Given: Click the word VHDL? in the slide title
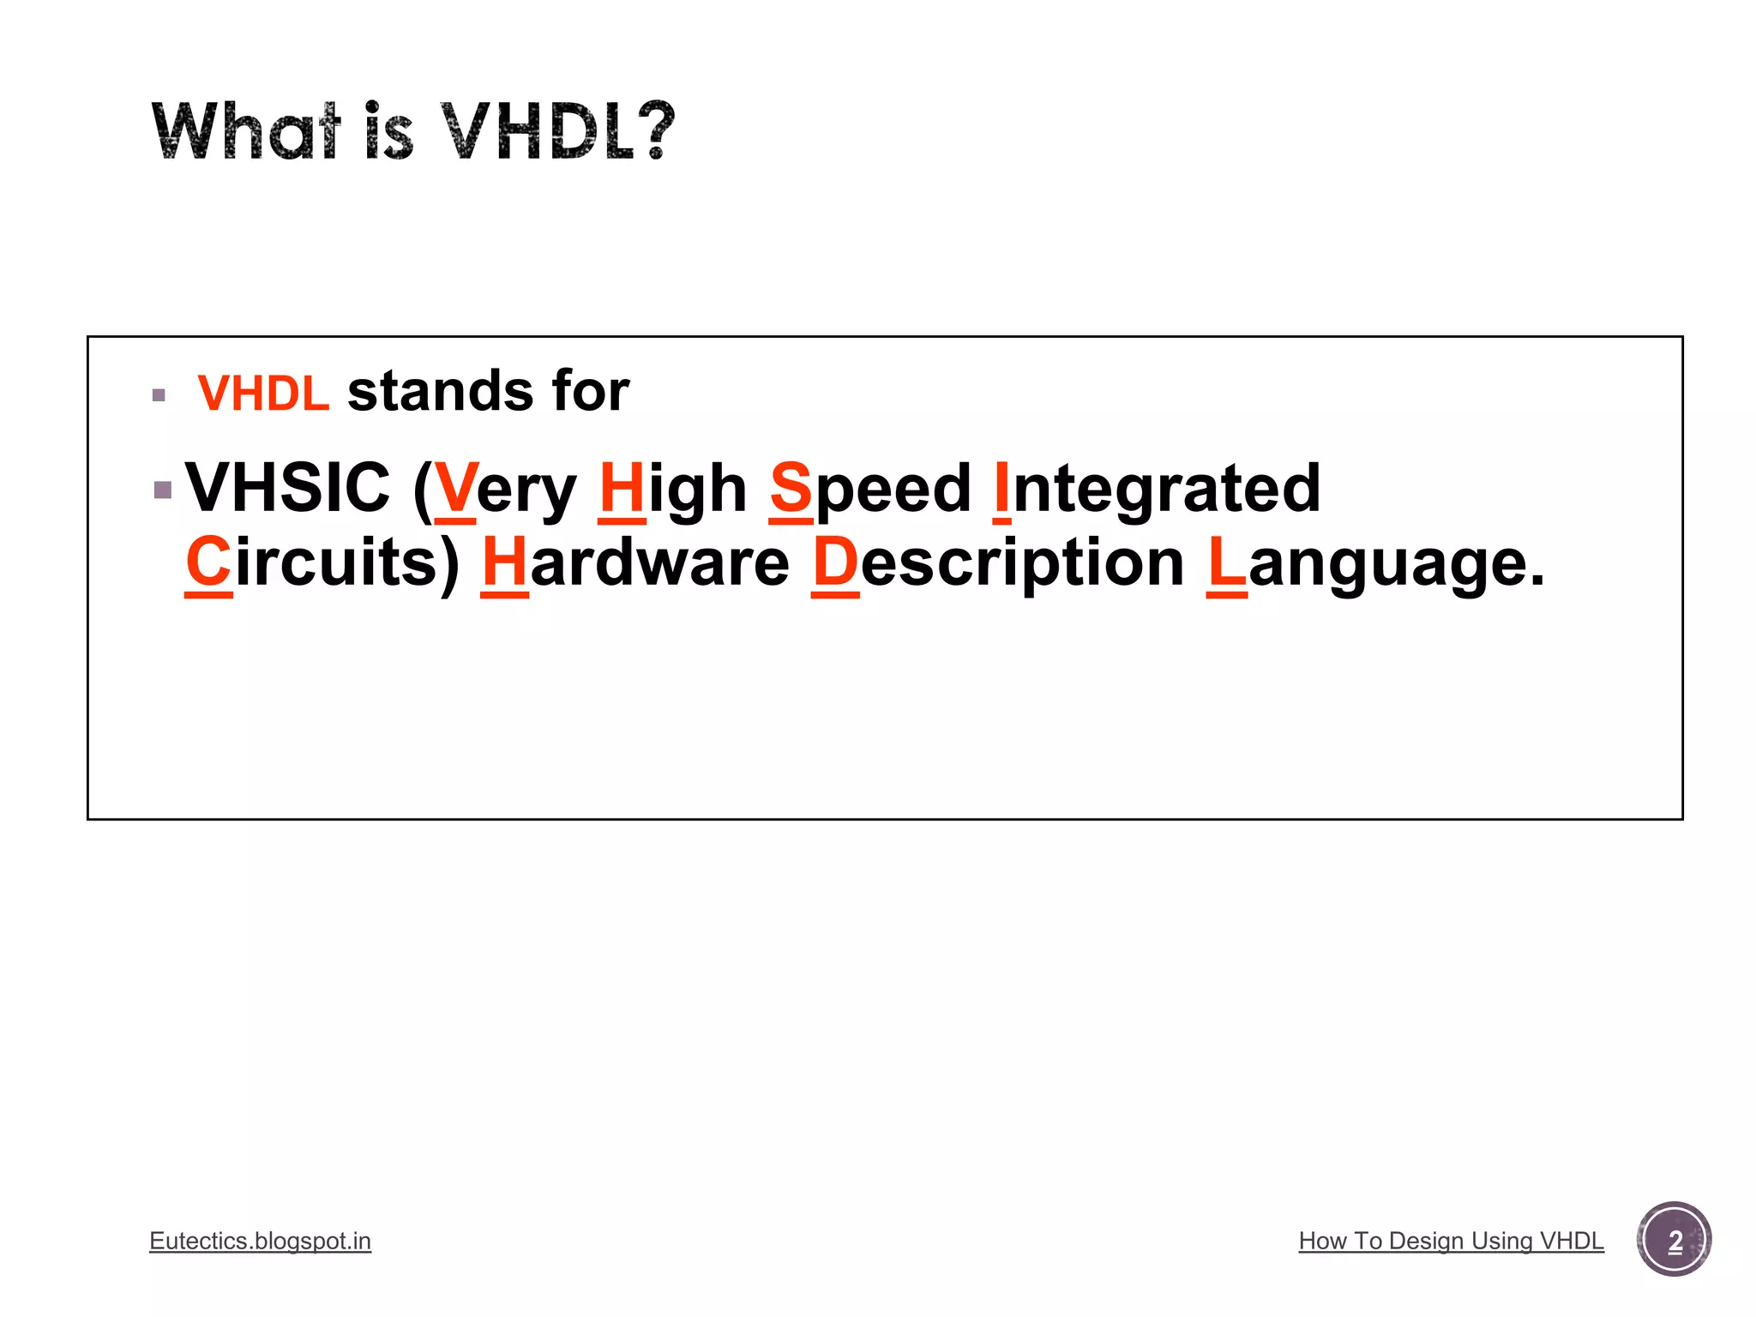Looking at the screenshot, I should [557, 131].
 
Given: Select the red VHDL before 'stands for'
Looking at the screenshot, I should [263, 394].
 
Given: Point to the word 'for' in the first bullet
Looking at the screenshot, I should [591, 392].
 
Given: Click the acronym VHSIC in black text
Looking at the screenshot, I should [288, 487].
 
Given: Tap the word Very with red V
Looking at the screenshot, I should [504, 489].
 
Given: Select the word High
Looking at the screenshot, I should [673, 489].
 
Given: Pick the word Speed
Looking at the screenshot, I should [870, 489].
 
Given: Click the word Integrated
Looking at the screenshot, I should [1157, 487].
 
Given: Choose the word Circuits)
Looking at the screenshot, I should [323, 562].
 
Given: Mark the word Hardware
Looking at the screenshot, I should [635, 562].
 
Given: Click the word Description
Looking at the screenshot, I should [998, 562].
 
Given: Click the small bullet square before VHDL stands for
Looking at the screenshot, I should [159, 395].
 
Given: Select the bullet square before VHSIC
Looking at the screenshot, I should [163, 490].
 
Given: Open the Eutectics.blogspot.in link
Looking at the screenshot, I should [260, 1241].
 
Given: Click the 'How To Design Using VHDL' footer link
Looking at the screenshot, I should [1451, 1241].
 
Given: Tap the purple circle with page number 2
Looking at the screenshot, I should [1674, 1240].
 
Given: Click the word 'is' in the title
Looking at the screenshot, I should [389, 131].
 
